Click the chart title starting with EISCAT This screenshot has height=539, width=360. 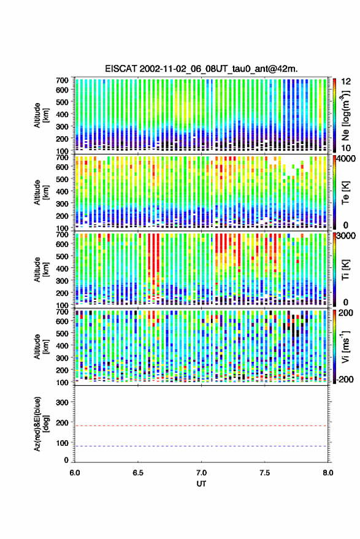coord(202,69)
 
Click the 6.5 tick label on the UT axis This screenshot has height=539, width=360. coord(138,473)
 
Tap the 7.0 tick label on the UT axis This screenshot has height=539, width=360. coord(201,473)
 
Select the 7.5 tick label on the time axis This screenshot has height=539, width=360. coord(264,473)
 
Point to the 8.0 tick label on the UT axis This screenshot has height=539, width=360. coord(327,473)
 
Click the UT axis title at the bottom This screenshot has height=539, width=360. coord(201,484)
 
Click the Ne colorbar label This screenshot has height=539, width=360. coord(345,115)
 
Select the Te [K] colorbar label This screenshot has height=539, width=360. coord(345,193)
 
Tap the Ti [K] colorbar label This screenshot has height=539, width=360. coord(345,270)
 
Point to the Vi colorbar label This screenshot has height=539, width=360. coord(345,346)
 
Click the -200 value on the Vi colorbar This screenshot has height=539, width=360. coord(345,380)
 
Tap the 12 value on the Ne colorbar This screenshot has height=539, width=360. coord(346,82)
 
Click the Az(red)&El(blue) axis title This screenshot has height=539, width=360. coord(41,424)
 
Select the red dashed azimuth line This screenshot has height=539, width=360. coord(201,426)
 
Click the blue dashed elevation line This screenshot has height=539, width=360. coord(201,446)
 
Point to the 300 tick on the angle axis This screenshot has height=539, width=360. coord(62,402)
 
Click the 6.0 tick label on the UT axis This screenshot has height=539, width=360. coord(75,473)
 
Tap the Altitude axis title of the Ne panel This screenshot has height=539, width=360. coord(41,115)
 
